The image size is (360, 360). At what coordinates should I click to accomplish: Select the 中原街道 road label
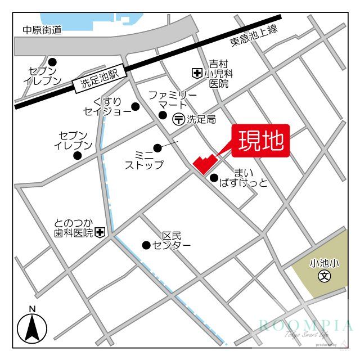click(x=42, y=30)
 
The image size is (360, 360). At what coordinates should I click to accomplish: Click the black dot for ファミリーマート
click(x=163, y=115)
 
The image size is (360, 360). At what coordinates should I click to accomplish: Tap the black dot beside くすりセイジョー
click(x=135, y=106)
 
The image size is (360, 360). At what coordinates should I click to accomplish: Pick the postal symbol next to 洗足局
click(x=178, y=119)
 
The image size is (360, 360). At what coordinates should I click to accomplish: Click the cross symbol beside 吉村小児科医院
click(x=197, y=73)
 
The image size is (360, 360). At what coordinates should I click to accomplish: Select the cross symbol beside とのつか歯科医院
click(x=100, y=232)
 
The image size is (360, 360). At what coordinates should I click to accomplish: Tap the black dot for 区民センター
click(x=146, y=245)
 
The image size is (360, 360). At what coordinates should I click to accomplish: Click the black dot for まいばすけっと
click(x=214, y=178)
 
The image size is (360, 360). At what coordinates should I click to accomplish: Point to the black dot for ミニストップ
click(x=157, y=148)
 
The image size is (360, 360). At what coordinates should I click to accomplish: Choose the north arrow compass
click(x=32, y=328)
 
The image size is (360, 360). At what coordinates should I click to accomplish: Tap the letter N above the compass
click(x=32, y=309)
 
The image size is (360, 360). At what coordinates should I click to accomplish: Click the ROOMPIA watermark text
click(x=306, y=325)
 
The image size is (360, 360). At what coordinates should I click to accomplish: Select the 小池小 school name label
click(x=323, y=263)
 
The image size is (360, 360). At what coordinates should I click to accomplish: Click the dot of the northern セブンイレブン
click(x=52, y=62)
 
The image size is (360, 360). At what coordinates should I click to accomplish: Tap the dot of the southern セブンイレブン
click(x=77, y=155)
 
